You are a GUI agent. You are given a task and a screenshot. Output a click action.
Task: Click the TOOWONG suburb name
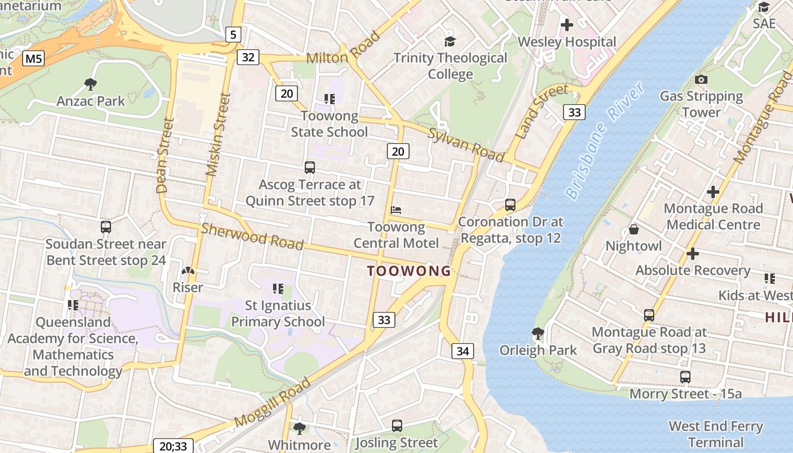pyautogui.click(x=408, y=271)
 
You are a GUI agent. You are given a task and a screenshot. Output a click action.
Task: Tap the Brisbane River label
pyautogui.click(x=605, y=140)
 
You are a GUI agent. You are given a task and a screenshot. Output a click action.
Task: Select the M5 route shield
pyautogui.click(x=34, y=58)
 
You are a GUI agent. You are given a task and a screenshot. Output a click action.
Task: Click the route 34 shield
pyautogui.click(x=463, y=351)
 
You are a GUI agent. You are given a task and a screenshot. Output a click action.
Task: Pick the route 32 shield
pyautogui.click(x=249, y=57)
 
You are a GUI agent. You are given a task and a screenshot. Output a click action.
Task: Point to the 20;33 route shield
pyautogui.click(x=173, y=446)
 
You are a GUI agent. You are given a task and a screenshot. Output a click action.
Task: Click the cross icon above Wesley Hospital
pyautogui.click(x=566, y=25)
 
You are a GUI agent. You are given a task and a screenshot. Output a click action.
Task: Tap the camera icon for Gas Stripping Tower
pyautogui.click(x=701, y=80)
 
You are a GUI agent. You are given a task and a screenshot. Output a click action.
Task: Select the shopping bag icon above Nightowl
pyautogui.click(x=634, y=229)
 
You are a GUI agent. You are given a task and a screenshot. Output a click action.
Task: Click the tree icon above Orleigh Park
pyautogui.click(x=538, y=333)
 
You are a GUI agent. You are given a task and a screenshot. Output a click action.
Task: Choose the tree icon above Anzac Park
pyautogui.click(x=90, y=84)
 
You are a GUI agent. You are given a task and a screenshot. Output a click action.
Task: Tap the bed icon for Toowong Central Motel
pyautogui.click(x=396, y=210)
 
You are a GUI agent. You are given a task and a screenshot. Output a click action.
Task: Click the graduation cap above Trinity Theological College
pyautogui.click(x=450, y=41)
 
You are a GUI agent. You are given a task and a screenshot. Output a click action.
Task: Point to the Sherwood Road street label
pyautogui.click(x=252, y=237)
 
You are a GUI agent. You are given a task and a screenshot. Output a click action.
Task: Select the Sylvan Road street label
pyautogui.click(x=466, y=144)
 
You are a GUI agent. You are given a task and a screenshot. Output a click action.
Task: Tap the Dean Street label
pyautogui.click(x=163, y=155)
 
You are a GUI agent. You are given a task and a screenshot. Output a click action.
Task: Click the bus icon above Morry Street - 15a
pyautogui.click(x=685, y=377)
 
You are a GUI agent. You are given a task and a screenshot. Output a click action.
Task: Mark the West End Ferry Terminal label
pyautogui.click(x=716, y=434)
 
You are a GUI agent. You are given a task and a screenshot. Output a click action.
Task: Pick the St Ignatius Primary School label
pyautogui.click(x=278, y=314)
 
